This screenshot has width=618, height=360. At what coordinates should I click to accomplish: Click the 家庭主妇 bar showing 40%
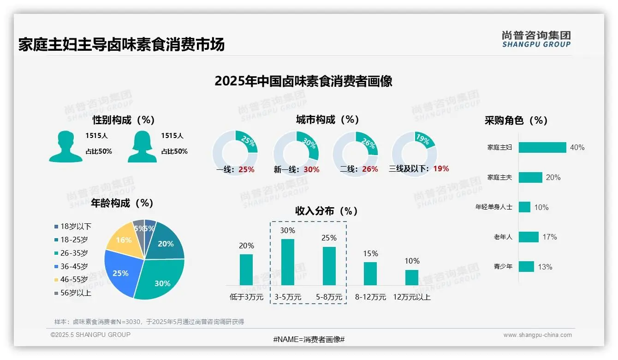tap(542, 147)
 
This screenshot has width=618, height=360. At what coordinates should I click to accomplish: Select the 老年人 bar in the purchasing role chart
tap(529, 237)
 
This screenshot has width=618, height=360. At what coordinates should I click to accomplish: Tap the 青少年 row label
tap(503, 267)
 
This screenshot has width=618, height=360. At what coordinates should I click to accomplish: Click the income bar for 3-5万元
tap(288, 262)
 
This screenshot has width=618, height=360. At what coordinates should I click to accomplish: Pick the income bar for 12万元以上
tap(412, 277)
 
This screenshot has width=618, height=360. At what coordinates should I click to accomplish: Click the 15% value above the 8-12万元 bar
tap(370, 253)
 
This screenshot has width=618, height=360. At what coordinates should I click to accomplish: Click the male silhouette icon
tap(65, 146)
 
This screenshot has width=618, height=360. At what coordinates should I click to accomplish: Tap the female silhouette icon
tap(142, 146)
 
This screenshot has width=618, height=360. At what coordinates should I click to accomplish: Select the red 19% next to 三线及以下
tap(441, 168)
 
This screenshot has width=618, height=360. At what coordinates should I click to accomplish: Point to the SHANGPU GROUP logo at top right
tap(536, 39)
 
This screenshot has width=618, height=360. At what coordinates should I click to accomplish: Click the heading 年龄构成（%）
tap(122, 203)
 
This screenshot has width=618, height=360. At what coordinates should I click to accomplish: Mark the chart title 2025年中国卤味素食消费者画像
tap(303, 81)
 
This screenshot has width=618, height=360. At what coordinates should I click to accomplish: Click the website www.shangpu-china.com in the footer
tap(537, 335)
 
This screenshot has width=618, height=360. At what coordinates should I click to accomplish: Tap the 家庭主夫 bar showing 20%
tap(530, 177)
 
